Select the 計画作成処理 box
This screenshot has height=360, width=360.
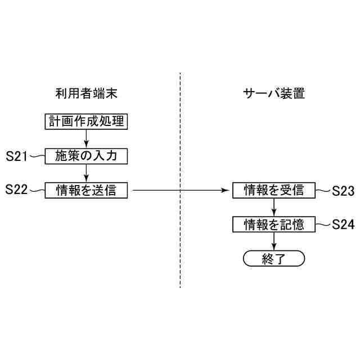coord(86,121)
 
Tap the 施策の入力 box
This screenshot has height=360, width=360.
coord(86,156)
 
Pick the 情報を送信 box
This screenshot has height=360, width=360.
coord(86,191)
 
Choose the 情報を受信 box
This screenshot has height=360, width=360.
coord(274,191)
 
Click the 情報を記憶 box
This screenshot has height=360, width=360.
coord(274,224)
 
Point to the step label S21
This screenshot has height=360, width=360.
coord(16,156)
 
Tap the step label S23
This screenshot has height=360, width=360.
coord(343,191)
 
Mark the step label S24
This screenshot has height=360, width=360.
coord(343,224)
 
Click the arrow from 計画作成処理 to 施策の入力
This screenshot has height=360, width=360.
coord(86,138)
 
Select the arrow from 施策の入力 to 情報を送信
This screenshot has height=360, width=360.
coord(86,173)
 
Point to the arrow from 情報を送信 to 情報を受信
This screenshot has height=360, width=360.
coord(180,191)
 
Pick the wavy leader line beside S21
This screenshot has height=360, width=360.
coord(37,156)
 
